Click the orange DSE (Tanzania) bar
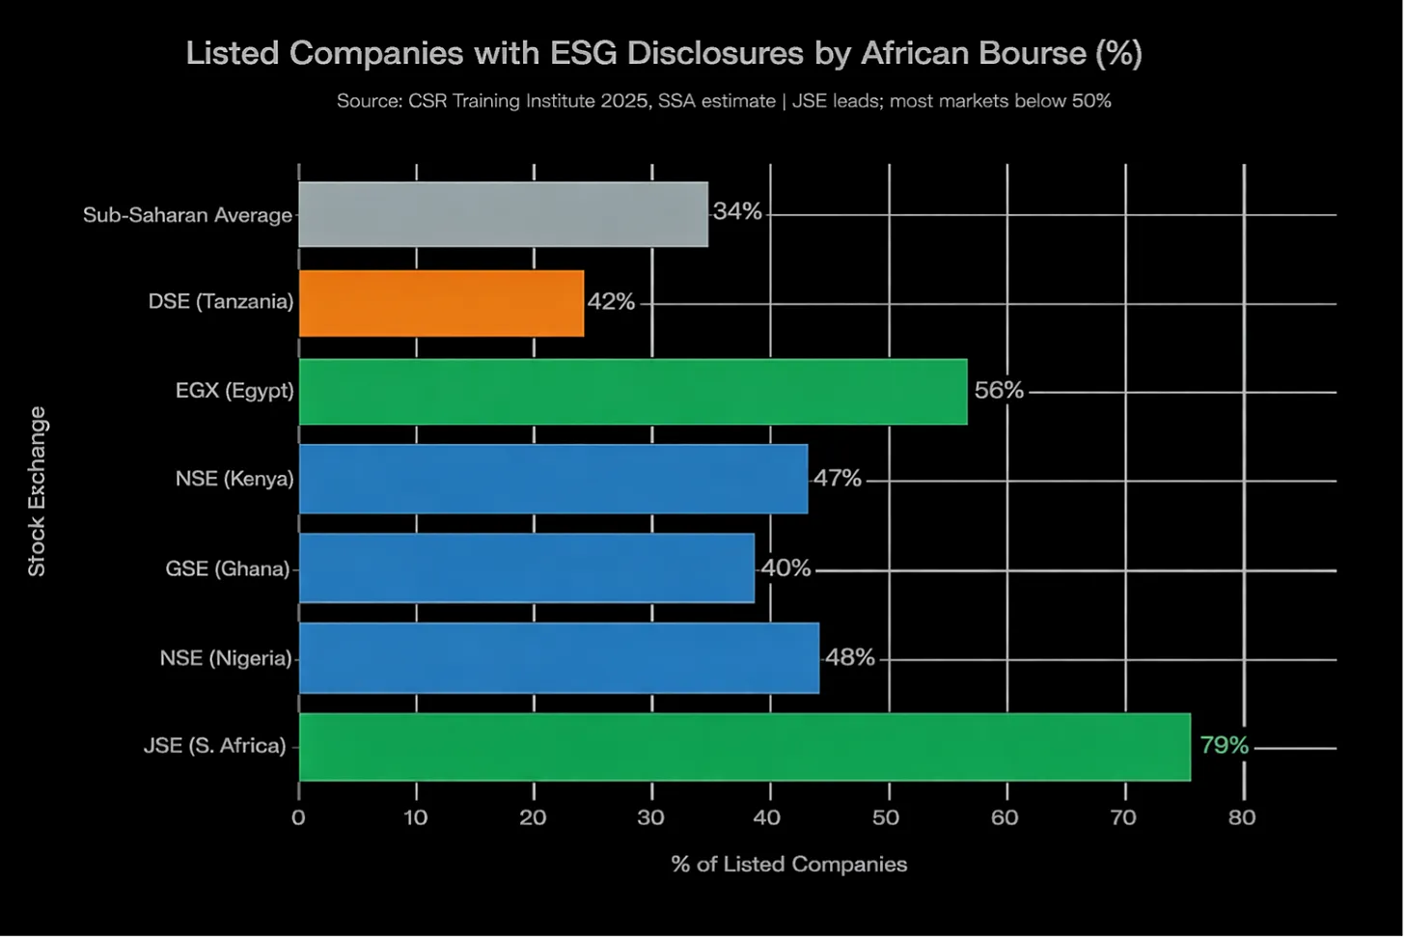coord(441,303)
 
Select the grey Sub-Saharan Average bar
coord(504,214)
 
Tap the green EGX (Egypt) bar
coord(633,392)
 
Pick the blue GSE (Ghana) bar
coord(527,568)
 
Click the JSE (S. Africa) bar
coord(745,747)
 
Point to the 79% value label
coord(1224,745)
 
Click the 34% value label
coord(737,211)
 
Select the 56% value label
coord(999,391)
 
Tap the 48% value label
coord(850,657)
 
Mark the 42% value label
coord(611,302)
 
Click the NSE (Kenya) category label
coord(234,479)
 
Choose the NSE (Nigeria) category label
coord(226,658)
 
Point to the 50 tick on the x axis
coord(886,817)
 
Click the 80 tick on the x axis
coord(1242,817)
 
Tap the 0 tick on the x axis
coord(298,817)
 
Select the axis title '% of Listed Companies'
coord(789,865)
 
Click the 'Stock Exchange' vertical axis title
coord(37,491)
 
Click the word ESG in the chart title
coord(583,53)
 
